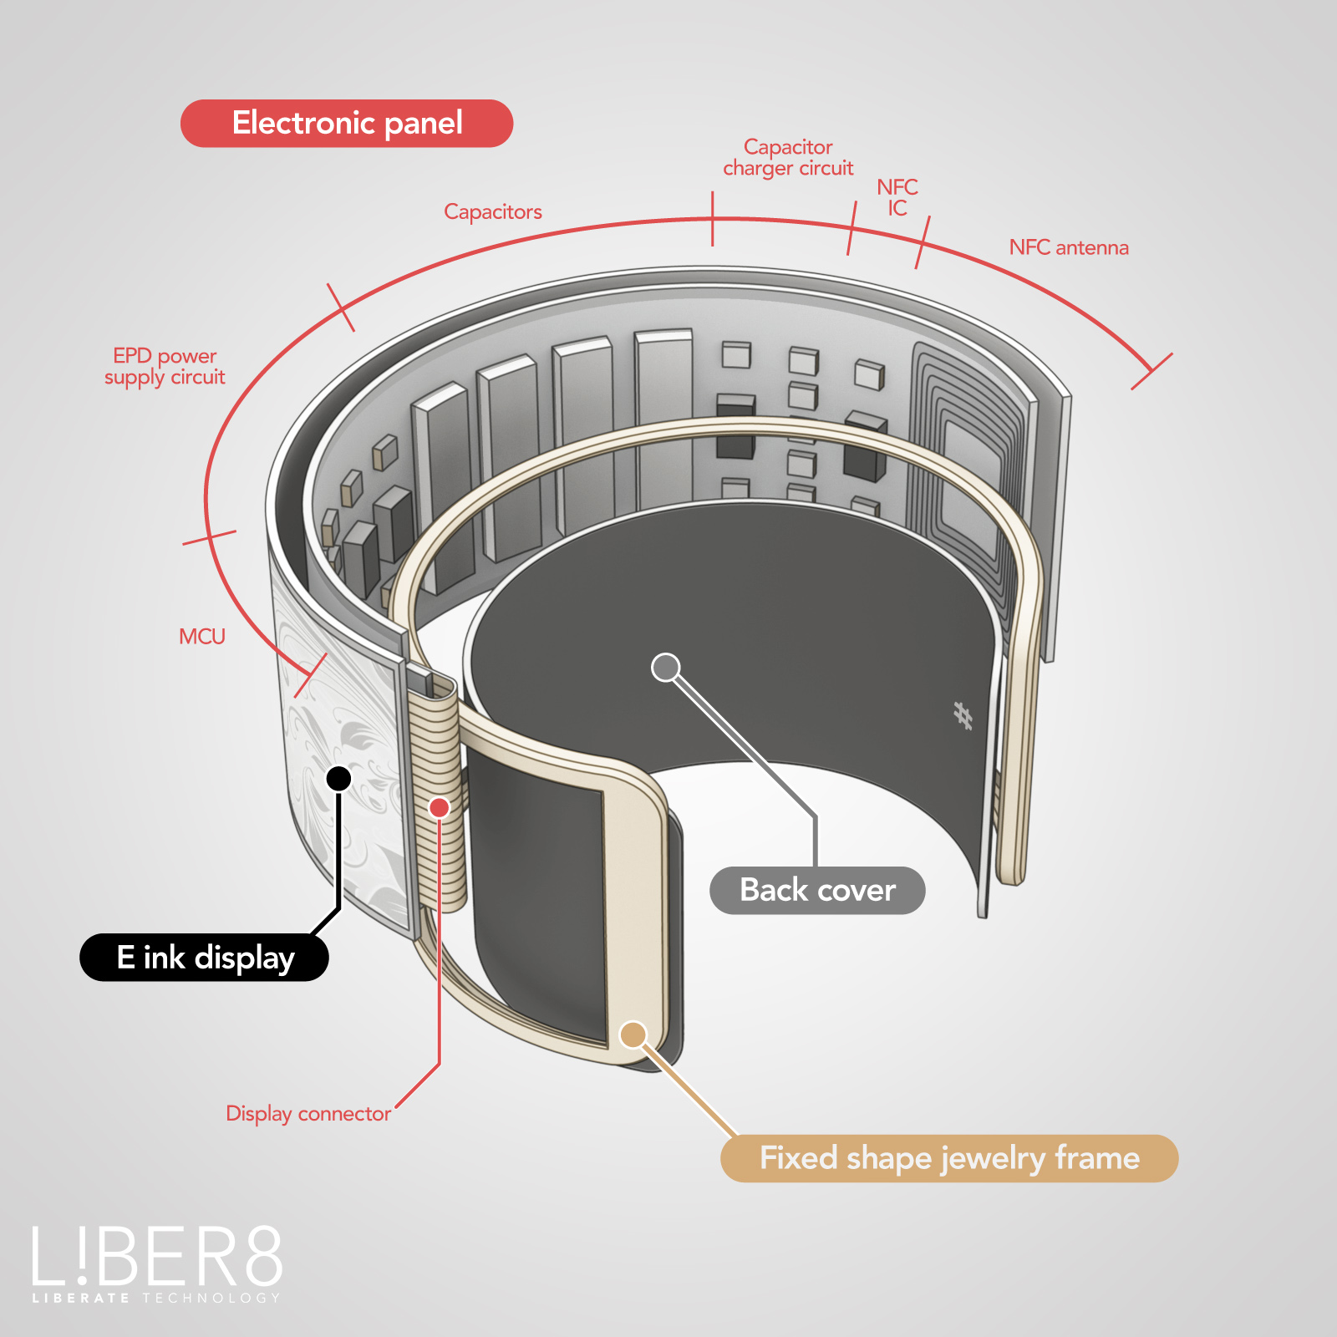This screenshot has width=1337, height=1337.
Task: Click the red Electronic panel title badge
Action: pyautogui.click(x=347, y=124)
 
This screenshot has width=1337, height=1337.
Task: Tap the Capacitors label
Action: pyautogui.click(x=493, y=212)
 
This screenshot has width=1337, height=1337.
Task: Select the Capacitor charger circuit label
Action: pyautogui.click(x=788, y=158)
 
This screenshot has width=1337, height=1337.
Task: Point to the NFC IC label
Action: pyautogui.click(x=897, y=197)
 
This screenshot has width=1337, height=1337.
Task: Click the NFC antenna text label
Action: pyautogui.click(x=1069, y=247)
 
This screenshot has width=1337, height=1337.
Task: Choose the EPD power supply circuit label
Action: pyautogui.click(x=165, y=367)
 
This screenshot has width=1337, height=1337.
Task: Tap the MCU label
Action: pyautogui.click(x=202, y=637)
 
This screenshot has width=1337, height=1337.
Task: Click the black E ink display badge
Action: pyautogui.click(x=204, y=958)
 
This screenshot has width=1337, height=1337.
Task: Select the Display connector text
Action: pyautogui.click(x=308, y=1114)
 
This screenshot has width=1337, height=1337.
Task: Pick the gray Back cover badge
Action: pyautogui.click(x=817, y=891)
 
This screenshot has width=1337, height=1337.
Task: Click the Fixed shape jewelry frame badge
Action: pyautogui.click(x=949, y=1159)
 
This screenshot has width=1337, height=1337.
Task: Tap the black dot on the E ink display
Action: pyautogui.click(x=338, y=779)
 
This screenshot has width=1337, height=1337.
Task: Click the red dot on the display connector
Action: pyautogui.click(x=440, y=807)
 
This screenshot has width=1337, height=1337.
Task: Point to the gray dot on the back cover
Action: pyautogui.click(x=666, y=668)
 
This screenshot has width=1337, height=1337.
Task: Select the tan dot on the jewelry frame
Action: pyautogui.click(x=633, y=1035)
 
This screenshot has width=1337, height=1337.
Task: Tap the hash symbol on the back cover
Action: pyautogui.click(x=963, y=715)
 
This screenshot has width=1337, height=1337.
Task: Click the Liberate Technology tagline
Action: pyautogui.click(x=156, y=1299)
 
